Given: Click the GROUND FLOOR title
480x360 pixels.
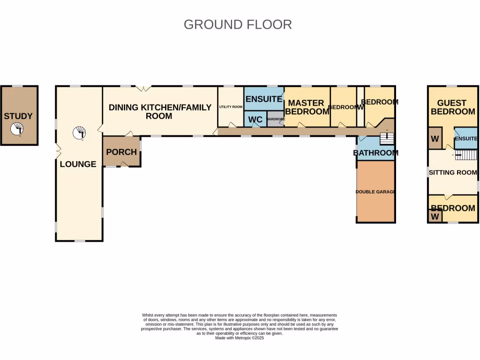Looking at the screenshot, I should pyautogui.click(x=238, y=24).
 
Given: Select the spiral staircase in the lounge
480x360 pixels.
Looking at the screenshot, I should pyautogui.click(x=79, y=133).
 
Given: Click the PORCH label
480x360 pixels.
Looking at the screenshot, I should pyautogui.click(x=121, y=152).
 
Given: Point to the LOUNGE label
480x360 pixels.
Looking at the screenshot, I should pyautogui.click(x=78, y=164).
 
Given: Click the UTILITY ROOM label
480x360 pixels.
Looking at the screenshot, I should pyautogui.click(x=230, y=107).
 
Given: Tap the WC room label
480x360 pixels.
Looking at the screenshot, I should pyautogui.click(x=255, y=120).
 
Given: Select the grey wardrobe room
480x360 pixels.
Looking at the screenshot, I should pyautogui.click(x=276, y=119).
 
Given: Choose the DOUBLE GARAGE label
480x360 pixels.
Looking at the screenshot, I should pyautogui.click(x=375, y=192).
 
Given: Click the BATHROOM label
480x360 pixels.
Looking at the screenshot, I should pyautogui.click(x=375, y=153).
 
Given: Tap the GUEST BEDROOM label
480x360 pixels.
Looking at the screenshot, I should pyautogui.click(x=452, y=107).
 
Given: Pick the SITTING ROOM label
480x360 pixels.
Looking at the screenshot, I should pyautogui.click(x=453, y=172).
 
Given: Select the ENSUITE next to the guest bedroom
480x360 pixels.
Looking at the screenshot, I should pyautogui.click(x=465, y=139).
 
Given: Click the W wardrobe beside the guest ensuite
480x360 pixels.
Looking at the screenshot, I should pyautogui.click(x=435, y=139).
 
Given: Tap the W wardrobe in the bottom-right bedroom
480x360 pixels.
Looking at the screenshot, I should pyautogui.click(x=435, y=217).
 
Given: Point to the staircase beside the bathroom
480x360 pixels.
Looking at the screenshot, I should pyautogui.click(x=386, y=138).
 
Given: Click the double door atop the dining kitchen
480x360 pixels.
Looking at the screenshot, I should pyautogui.click(x=143, y=88).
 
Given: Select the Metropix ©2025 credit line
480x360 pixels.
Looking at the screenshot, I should pyautogui.click(x=240, y=338).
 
